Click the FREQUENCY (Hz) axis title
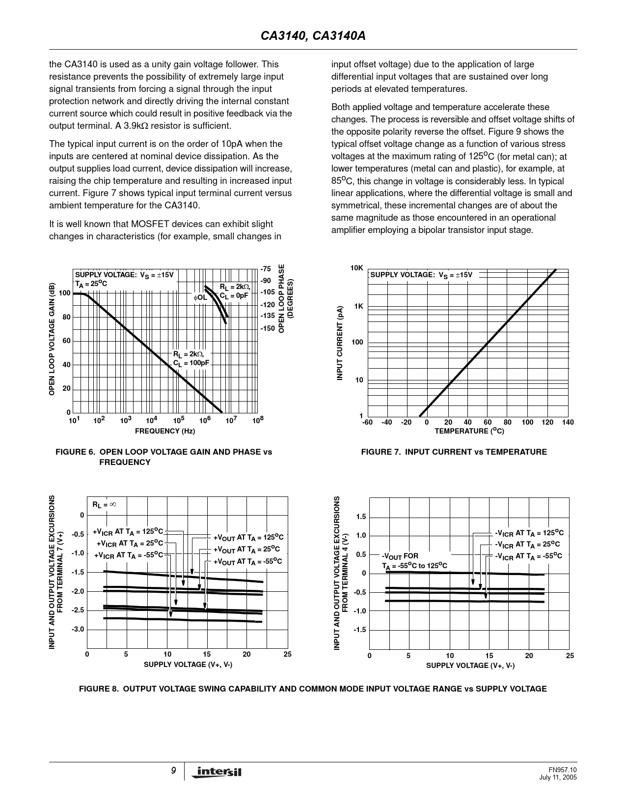pos(165,431)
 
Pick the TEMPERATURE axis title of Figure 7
pos(469,431)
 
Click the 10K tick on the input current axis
pos(356,268)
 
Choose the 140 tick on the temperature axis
pos(568,423)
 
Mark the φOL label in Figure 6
pos(200,297)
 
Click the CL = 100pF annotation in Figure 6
pos(191,363)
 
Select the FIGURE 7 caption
pos(454,452)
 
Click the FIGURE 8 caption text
pos(313,689)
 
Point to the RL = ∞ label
pos(104,504)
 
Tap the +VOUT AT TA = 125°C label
pos(248,537)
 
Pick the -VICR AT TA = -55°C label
pos(528,556)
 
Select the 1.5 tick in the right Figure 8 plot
pos(361,517)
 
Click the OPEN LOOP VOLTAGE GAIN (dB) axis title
pos(52,339)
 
